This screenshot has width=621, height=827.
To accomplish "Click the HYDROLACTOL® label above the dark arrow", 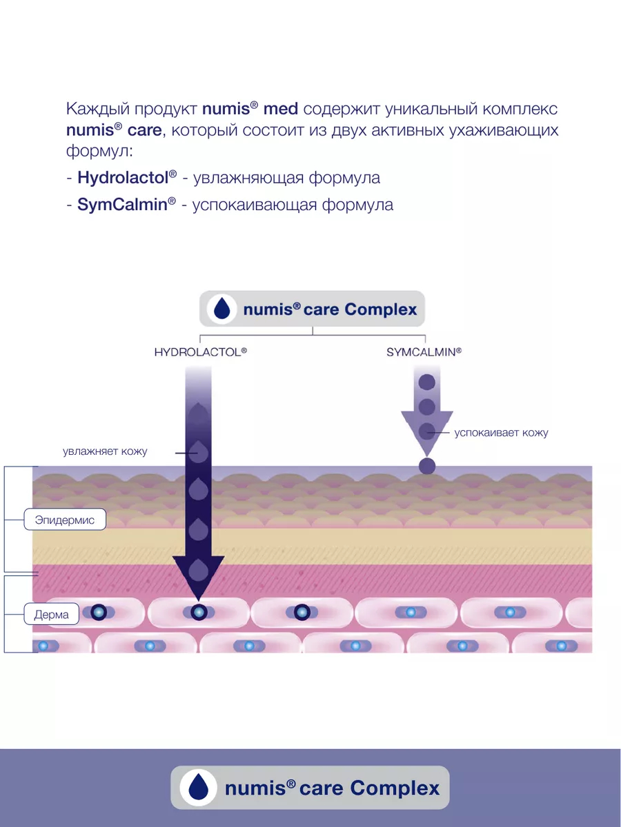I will tap(200, 351).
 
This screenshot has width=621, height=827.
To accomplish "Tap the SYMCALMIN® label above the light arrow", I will tap(424, 351).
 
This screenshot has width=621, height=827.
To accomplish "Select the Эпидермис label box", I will tap(65, 520).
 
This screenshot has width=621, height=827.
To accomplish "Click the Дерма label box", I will tap(52, 615).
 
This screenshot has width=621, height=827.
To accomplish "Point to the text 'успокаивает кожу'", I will tap(501, 433).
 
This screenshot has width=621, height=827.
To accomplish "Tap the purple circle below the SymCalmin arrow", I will tap(427, 466).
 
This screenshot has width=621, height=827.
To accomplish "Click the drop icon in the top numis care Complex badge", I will tap(221, 309).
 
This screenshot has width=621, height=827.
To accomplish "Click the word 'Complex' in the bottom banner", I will tap(395, 788).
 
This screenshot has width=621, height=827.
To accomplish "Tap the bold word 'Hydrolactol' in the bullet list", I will tap(123, 178).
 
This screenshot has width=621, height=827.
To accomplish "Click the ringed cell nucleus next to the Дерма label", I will tap(98, 611).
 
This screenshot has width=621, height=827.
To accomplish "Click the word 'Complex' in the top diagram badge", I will tap(381, 309).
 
